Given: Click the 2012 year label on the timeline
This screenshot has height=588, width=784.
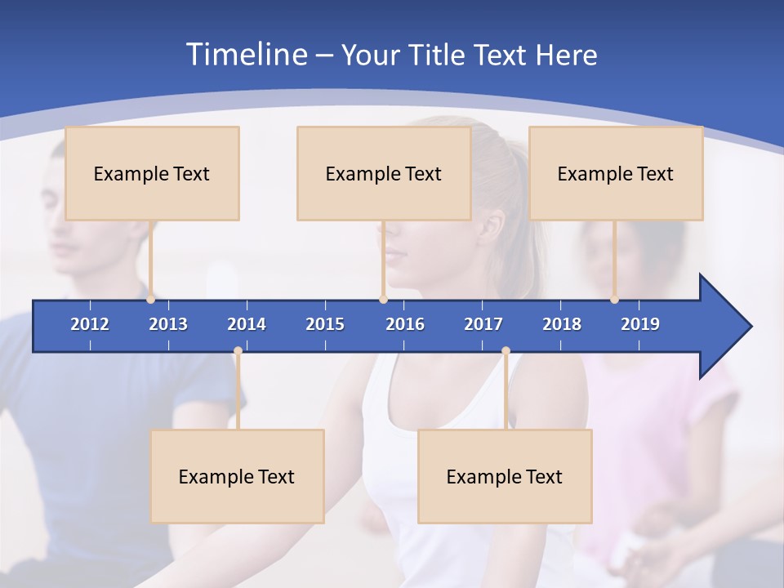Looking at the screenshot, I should pos(90,324).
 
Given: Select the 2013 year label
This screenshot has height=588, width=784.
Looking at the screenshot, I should pos(168,324).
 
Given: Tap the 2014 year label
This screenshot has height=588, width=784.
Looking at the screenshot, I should pos(247,324).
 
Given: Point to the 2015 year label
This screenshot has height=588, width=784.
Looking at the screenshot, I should pos(325,324).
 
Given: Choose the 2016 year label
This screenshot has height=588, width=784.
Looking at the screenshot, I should pos(405,324).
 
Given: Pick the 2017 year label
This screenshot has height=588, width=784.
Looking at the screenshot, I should pos(483,324).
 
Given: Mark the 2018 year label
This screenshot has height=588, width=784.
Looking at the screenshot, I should pos(562,324).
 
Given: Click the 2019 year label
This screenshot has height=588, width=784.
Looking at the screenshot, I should pos(640,324).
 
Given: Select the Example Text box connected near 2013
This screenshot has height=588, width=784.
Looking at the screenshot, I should pos(152,173).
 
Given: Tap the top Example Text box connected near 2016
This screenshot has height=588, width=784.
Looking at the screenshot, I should pos(384,173).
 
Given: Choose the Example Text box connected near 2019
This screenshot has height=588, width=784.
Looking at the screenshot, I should pos(616,173).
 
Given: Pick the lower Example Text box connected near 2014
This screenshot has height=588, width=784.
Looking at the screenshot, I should pos(237,476).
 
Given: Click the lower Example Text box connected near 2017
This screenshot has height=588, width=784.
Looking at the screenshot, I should pos(505,476).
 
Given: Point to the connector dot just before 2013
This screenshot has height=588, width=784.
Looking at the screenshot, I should pos(151,300).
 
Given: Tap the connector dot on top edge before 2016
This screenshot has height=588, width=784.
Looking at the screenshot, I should pos(383,300).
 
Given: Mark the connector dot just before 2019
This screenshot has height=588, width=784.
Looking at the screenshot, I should pos(615,300).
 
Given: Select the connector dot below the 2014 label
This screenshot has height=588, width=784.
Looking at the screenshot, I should pos(238,351).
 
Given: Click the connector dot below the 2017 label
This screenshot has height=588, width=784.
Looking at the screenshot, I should pos(506,351).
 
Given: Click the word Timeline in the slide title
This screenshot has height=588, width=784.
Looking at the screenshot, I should pos(245,55).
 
